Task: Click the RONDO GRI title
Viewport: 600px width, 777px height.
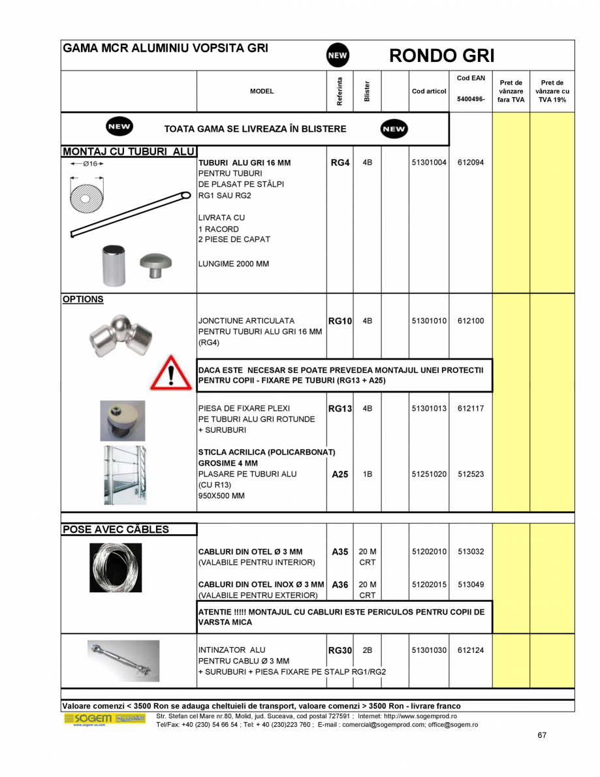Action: coord(442,55)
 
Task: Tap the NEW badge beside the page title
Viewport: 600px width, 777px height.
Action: coord(338,55)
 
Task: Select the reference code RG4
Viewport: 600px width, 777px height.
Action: coord(340,162)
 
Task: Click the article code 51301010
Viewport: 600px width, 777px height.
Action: coord(429,321)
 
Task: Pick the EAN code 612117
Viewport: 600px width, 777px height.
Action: coord(471,409)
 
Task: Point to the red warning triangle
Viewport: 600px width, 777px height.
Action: coord(171,373)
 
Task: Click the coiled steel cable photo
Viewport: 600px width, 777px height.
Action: coord(116,567)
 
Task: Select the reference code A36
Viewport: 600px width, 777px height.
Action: coord(340,585)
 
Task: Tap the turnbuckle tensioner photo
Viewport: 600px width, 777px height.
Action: coord(123,659)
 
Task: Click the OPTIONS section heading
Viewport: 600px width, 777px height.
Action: coord(83,299)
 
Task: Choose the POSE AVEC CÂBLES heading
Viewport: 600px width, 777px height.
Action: coord(116,529)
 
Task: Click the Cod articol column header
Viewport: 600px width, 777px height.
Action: coord(429,91)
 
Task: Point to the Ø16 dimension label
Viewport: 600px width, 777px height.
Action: coord(87,164)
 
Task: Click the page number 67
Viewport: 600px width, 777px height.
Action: coord(542,735)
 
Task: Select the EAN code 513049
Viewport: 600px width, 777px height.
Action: coord(471,585)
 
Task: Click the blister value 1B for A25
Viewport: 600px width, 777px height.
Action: coord(367,475)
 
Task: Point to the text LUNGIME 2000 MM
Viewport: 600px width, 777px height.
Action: coord(234,264)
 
